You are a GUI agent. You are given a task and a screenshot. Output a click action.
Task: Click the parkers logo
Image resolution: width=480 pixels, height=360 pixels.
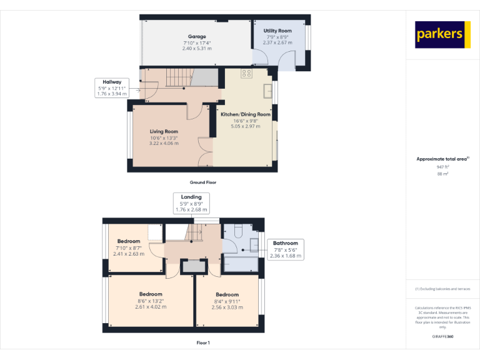[443, 34]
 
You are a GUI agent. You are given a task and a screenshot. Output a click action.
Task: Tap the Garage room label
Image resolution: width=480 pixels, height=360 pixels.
[197, 37]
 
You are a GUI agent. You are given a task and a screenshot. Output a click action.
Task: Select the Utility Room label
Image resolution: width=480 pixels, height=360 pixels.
[277, 31]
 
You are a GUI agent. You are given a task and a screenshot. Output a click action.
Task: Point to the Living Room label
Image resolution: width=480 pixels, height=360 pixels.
[164, 131]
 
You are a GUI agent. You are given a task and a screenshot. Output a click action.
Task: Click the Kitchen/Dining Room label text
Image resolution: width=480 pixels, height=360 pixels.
[245, 114]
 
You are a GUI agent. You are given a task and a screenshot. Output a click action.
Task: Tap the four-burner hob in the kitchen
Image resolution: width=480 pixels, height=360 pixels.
[246, 73]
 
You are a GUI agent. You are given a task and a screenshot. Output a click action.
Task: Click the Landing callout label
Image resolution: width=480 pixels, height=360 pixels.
[191, 202]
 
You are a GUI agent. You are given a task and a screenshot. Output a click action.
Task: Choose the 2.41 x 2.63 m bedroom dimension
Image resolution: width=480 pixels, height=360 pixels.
[129, 254]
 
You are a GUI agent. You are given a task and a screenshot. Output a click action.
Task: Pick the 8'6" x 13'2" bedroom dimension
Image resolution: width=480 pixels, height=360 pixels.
[151, 301]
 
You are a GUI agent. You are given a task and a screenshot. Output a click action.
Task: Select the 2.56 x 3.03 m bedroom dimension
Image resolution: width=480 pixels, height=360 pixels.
[227, 307]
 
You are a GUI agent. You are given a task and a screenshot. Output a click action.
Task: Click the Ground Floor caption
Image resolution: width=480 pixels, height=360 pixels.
[202, 182]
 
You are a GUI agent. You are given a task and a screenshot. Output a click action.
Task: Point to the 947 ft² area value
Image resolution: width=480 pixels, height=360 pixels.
[443, 167]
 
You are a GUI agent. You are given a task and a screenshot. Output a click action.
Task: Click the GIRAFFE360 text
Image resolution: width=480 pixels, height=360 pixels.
[443, 337]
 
